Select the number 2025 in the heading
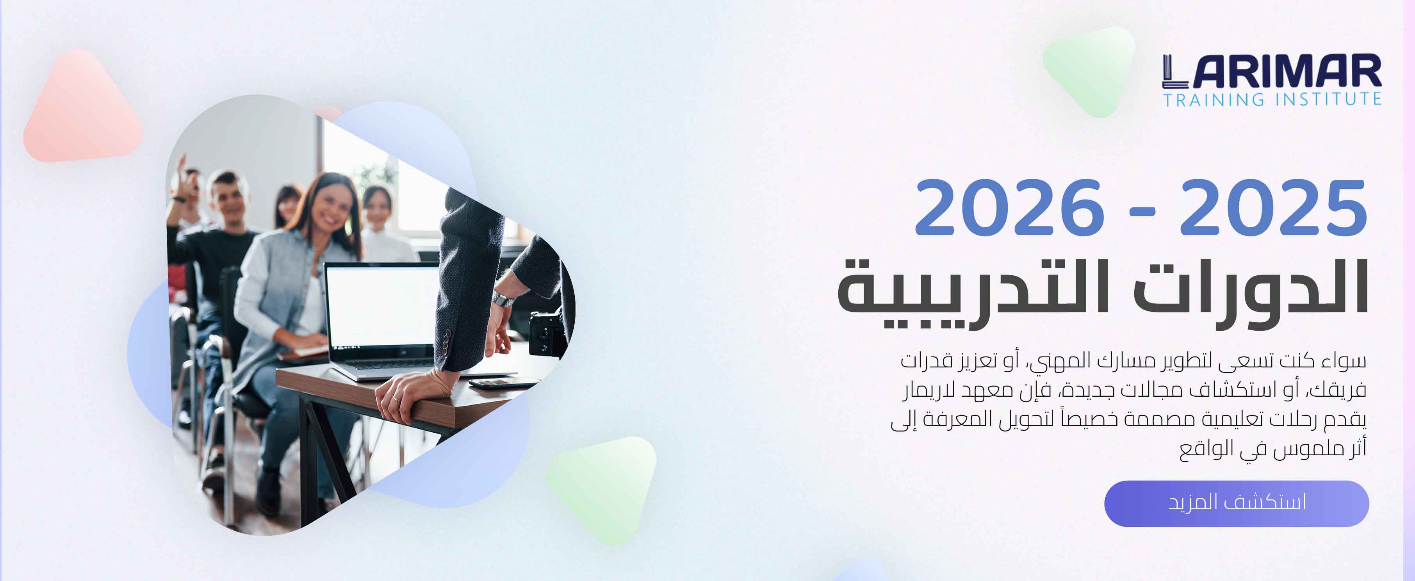tap(1273, 208)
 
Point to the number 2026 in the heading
tap(1009, 208)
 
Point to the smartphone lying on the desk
tap(503, 383)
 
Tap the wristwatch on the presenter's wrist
tap(502, 300)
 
